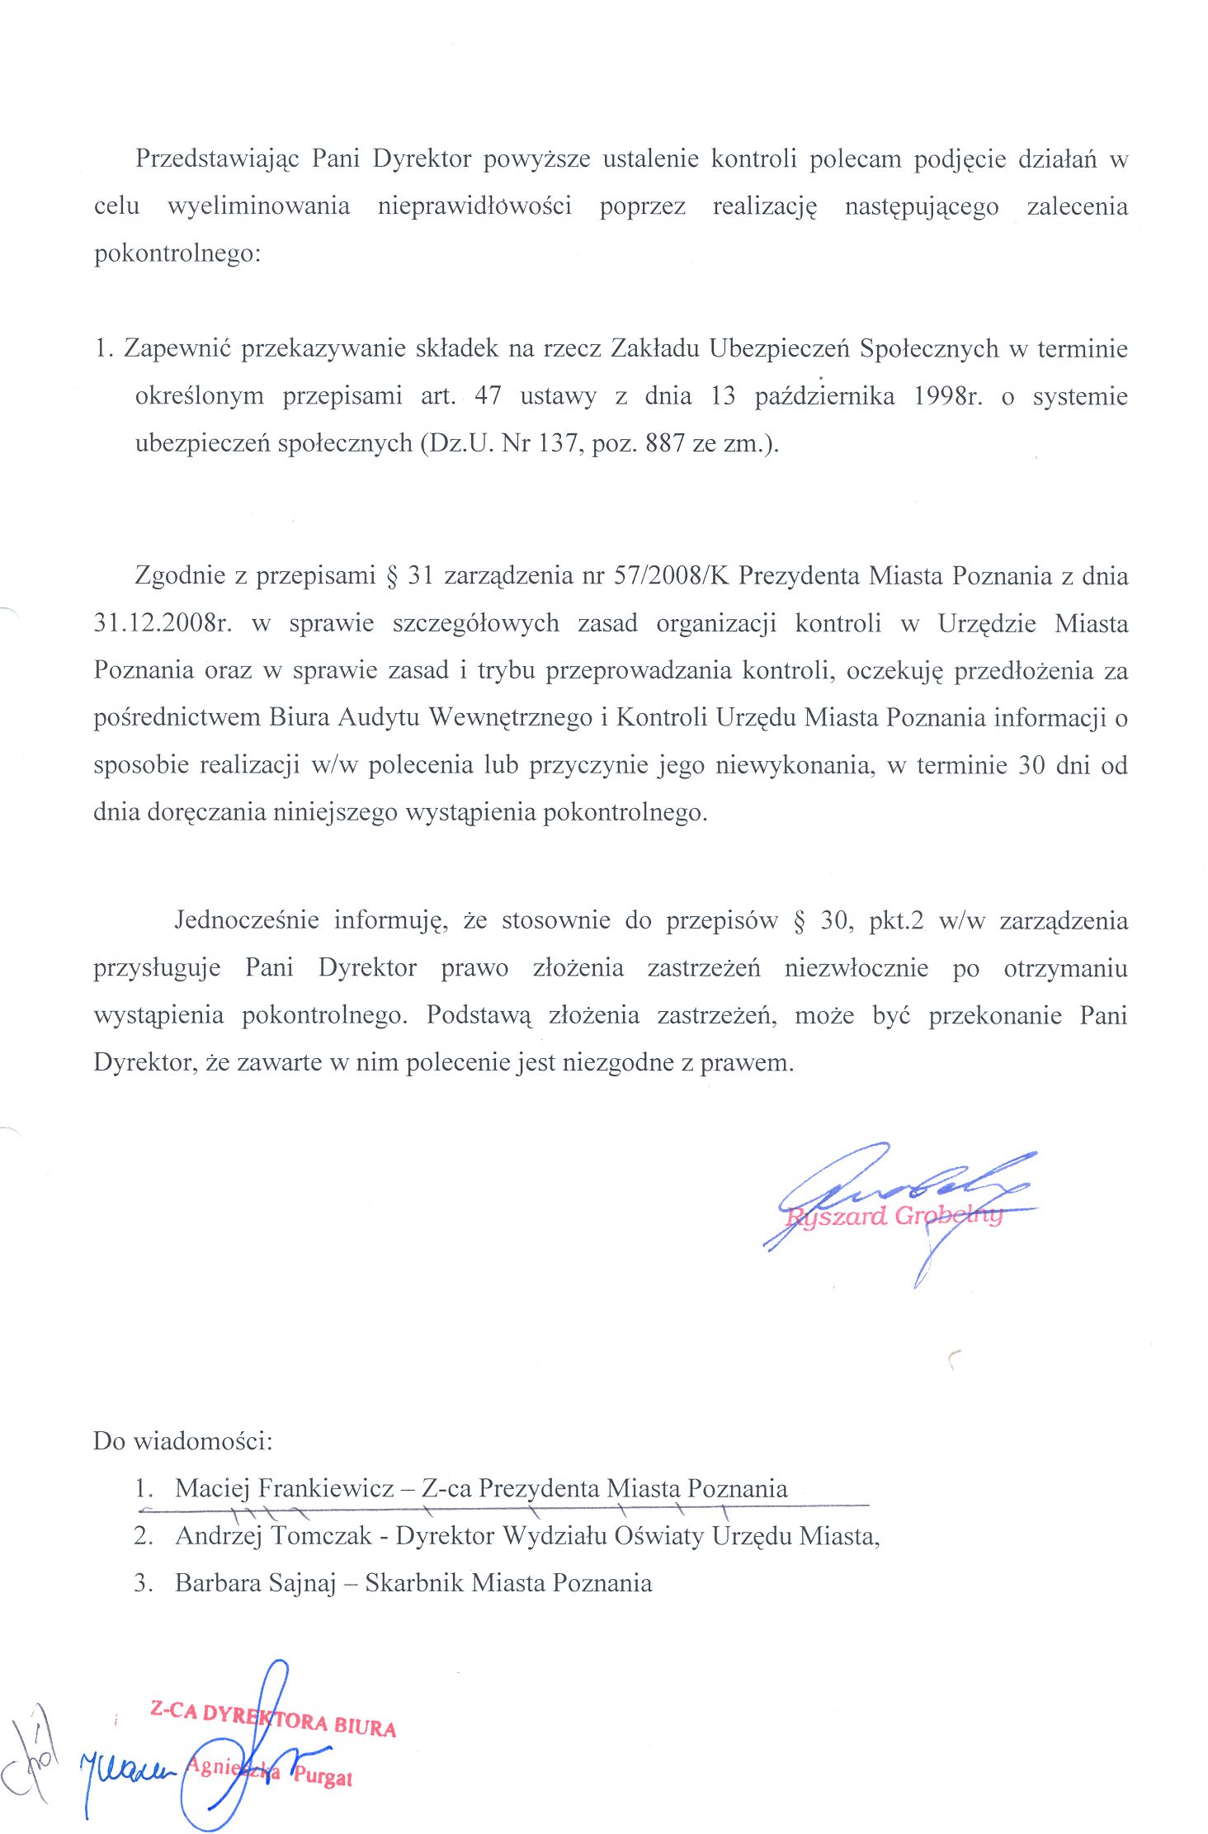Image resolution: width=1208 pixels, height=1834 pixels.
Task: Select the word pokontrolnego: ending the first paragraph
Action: pyautogui.click(x=177, y=253)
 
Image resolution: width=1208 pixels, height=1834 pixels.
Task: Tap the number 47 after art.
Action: pyautogui.click(x=488, y=396)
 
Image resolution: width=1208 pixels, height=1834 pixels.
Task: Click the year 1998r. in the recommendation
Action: pyautogui.click(x=948, y=396)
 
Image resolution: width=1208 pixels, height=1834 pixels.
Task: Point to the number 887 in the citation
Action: pyautogui.click(x=667, y=444)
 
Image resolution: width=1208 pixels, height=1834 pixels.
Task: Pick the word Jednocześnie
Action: pyautogui.click(x=247, y=920)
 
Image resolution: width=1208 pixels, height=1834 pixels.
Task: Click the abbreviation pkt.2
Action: pyautogui.click(x=896, y=920)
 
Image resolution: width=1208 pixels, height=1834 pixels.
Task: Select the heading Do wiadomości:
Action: pyautogui.click(x=182, y=1441)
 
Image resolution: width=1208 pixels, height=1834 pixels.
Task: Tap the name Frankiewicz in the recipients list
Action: pyautogui.click(x=326, y=1488)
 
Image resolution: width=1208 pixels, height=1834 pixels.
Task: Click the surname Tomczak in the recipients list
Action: pyautogui.click(x=321, y=1536)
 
